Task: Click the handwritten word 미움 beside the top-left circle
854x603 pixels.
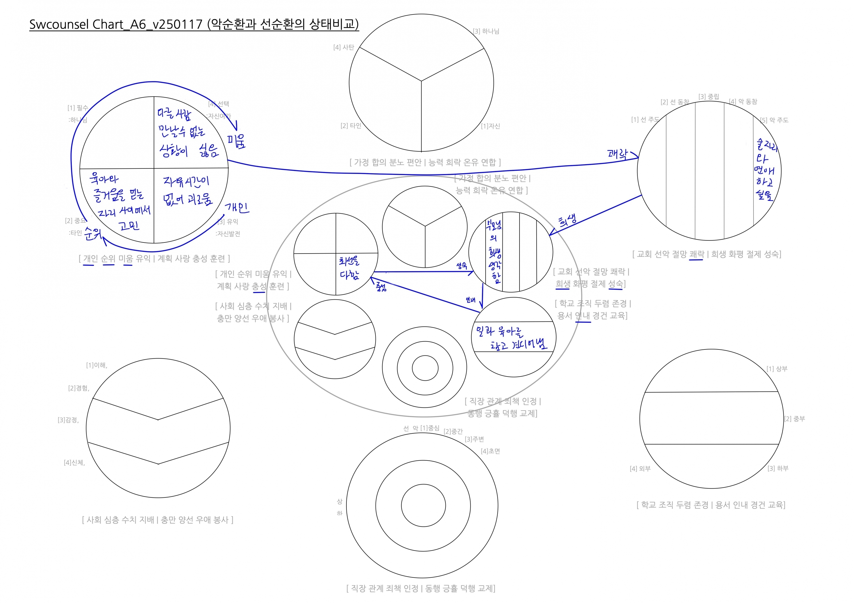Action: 237,141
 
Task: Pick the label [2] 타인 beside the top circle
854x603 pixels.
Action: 351,126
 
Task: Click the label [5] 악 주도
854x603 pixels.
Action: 774,120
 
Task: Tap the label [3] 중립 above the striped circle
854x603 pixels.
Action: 709,97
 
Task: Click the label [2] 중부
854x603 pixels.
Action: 795,419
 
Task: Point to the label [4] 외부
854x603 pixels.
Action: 640,468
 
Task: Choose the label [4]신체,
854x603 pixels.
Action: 74,462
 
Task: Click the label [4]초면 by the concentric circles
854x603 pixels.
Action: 490,451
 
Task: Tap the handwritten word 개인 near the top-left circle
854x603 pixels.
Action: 237,207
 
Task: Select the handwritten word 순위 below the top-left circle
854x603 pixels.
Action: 93,233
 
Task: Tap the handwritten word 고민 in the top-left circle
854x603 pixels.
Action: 129,225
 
